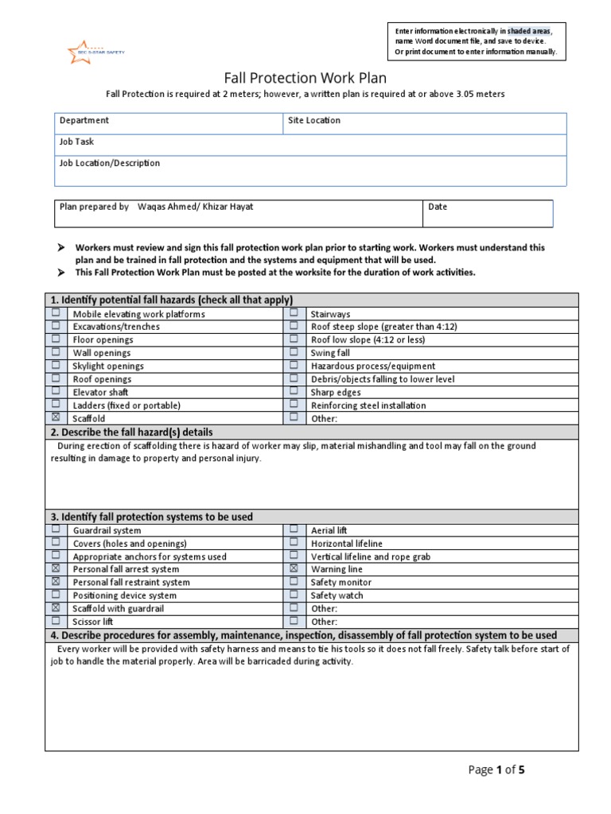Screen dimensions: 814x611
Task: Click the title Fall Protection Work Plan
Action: (305, 78)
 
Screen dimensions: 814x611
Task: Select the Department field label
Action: (84, 121)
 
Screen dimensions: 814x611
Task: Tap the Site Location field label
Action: (314, 121)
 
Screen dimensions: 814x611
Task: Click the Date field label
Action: (438, 207)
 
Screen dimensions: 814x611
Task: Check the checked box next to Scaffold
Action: (56, 418)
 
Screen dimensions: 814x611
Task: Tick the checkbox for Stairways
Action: (294, 314)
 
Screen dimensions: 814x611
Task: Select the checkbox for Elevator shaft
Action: (56, 392)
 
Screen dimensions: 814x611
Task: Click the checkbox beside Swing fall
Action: (294, 353)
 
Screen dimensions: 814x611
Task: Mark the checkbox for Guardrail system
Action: (56, 530)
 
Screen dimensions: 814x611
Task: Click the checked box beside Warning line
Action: (294, 569)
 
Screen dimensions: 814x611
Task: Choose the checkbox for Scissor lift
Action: (56, 622)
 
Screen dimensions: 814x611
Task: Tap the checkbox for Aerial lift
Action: (294, 530)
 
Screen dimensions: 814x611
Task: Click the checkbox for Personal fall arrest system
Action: (56, 569)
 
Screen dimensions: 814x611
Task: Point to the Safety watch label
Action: (337, 595)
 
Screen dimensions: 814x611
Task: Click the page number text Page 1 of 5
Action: (497, 769)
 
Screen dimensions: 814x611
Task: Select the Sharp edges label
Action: (335, 392)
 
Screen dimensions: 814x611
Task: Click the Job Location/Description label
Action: (110, 163)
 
